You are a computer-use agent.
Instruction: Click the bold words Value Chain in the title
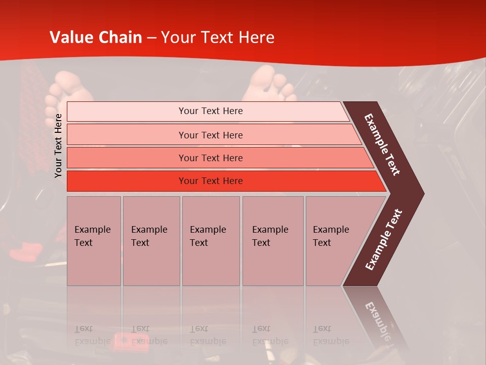(96, 38)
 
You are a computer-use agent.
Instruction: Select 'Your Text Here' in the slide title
(218, 38)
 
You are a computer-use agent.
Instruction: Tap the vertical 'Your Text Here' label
(58, 145)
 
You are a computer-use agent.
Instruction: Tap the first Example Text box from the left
(94, 241)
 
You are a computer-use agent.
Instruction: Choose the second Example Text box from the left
(151, 241)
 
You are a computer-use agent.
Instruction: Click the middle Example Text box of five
(211, 241)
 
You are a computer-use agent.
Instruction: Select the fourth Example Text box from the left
(273, 241)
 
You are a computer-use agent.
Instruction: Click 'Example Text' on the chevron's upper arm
(382, 144)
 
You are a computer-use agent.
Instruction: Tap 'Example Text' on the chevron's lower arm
(384, 239)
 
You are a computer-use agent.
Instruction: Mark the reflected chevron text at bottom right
(379, 319)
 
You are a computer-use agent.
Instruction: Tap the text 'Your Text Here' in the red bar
(211, 181)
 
